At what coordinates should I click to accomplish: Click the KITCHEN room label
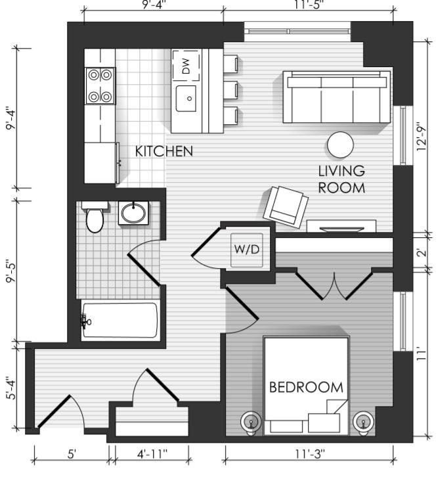tap(164, 151)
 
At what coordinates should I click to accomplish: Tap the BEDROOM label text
tap(306, 387)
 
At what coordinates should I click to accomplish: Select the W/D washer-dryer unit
tap(246, 250)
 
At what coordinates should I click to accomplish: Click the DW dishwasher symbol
tap(186, 66)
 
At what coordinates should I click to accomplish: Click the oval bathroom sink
tap(133, 213)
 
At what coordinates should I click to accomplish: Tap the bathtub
tap(120, 320)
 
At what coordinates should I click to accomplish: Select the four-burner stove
tap(100, 86)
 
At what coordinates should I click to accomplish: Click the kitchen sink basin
tap(186, 99)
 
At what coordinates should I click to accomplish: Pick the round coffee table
tap(340, 145)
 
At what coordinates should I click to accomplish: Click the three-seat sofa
tap(336, 97)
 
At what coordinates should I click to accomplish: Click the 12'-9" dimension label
tap(422, 137)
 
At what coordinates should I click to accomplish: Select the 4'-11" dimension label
tap(152, 455)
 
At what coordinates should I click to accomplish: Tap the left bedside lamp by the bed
tap(250, 422)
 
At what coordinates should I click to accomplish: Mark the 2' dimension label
tap(421, 253)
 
